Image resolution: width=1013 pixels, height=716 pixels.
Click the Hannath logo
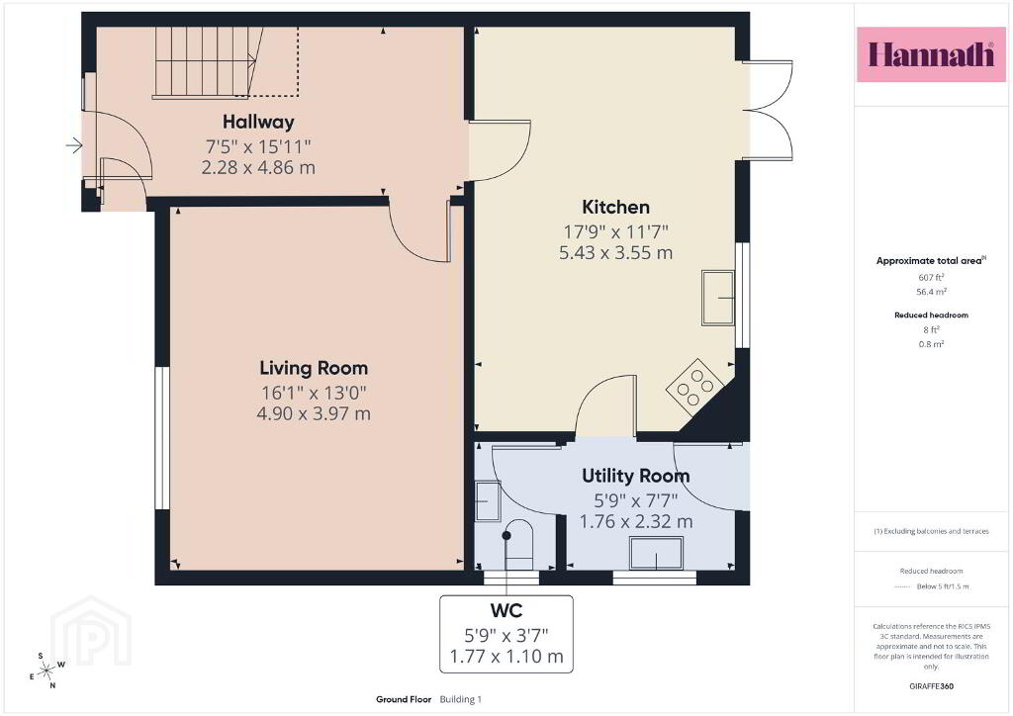(931, 54)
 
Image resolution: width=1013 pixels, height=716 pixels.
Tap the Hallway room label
(258, 122)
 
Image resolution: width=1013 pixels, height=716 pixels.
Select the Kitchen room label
(615, 208)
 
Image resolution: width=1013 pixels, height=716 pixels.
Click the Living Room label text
(314, 368)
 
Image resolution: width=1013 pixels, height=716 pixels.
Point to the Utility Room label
(636, 476)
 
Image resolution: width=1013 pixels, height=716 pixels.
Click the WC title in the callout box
(506, 610)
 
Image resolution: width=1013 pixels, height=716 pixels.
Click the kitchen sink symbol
(718, 298)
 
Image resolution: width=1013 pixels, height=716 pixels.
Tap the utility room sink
(657, 553)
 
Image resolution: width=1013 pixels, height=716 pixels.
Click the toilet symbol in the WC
(518, 545)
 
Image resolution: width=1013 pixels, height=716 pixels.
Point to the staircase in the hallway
(207, 62)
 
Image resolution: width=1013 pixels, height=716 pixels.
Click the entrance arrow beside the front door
(74, 145)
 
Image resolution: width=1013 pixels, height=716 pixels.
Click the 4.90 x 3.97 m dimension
(314, 413)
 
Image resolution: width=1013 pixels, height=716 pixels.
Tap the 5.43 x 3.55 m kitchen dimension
(615, 252)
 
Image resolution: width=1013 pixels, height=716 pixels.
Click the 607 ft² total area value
(931, 277)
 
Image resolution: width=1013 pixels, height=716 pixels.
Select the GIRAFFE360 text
(931, 686)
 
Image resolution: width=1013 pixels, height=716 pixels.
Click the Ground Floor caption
(404, 699)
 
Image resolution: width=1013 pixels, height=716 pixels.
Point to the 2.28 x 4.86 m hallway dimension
(258, 168)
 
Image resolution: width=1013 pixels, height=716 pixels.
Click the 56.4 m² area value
(931, 292)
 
